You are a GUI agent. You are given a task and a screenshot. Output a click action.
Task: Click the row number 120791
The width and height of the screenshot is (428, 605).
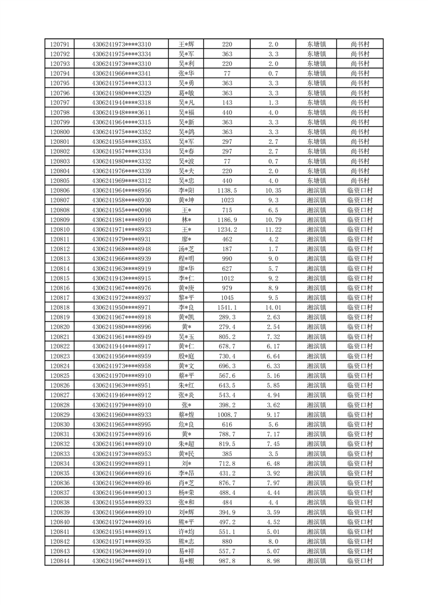coord(59,44)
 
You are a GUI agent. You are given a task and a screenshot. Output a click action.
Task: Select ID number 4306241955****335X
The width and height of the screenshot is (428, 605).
coord(121,142)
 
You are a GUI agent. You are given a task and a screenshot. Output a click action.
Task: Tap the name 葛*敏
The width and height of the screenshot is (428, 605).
coord(187,93)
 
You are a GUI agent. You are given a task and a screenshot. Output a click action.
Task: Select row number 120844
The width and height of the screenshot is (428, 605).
coord(59,561)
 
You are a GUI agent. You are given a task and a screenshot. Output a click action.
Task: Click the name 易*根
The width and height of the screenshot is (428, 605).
coord(187,561)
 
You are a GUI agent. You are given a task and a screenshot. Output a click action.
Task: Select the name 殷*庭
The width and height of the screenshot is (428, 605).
coord(187,356)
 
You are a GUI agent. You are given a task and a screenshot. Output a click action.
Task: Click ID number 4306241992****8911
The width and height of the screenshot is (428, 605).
coord(121,464)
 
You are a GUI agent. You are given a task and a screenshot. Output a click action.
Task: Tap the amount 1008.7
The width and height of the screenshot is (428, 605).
coord(227,415)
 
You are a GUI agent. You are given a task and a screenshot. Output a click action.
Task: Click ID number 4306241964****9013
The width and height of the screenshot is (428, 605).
coord(121,493)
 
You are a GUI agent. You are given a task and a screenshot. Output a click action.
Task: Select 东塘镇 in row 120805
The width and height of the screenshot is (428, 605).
coord(316,181)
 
